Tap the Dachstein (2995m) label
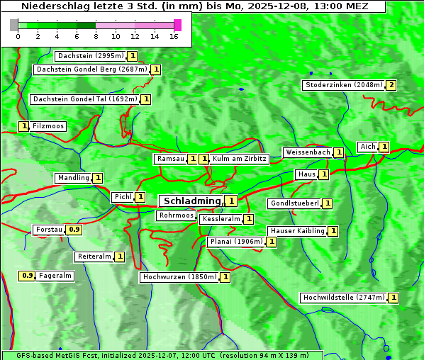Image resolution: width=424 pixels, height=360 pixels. (90, 56)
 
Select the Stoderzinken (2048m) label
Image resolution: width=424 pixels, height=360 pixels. (343, 85)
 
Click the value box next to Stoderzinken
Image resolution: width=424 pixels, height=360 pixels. (391, 85)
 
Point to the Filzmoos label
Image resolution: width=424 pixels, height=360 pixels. (48, 126)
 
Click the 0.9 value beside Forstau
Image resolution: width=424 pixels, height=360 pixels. (74, 230)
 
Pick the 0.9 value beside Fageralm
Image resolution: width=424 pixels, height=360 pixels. (28, 276)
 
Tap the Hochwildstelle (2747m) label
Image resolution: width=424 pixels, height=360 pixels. (344, 298)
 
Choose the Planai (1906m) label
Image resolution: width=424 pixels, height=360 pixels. (236, 242)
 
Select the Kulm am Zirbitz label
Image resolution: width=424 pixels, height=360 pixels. (239, 159)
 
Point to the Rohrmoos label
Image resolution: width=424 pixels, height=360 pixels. (176, 215)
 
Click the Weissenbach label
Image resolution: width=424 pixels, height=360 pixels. (307, 152)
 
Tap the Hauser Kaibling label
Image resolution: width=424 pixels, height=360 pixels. (297, 231)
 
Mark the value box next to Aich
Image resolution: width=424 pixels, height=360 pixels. (384, 147)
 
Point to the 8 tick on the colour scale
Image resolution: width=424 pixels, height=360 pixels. (96, 35)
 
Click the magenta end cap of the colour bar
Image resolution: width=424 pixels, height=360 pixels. (177, 25)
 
